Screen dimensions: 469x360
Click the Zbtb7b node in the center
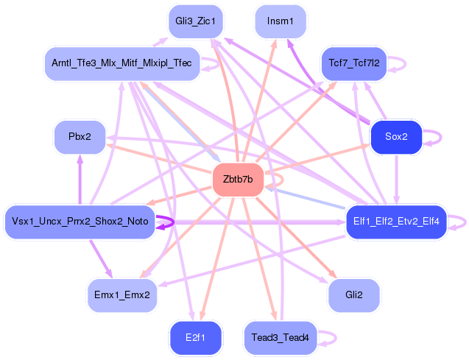click(238, 180)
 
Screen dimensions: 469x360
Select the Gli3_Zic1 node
click(195, 21)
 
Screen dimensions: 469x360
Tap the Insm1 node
click(281, 21)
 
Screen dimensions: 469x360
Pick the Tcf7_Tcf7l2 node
click(354, 63)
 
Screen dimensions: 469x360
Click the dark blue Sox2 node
click(396, 137)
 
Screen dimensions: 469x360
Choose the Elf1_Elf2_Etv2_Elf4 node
click(396, 222)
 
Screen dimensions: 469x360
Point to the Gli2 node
click(354, 295)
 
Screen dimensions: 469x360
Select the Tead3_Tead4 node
click(281, 338)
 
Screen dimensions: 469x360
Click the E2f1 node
click(195, 338)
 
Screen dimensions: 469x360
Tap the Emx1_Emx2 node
click(122, 295)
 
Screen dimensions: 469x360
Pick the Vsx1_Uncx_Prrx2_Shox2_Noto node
click(80, 222)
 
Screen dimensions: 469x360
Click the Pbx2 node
click(80, 137)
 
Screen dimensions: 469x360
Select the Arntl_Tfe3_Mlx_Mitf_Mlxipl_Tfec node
click(121, 63)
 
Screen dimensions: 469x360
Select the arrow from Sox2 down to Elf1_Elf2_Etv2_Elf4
click(396, 180)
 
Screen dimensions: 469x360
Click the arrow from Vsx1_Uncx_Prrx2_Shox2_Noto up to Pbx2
click(80, 180)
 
